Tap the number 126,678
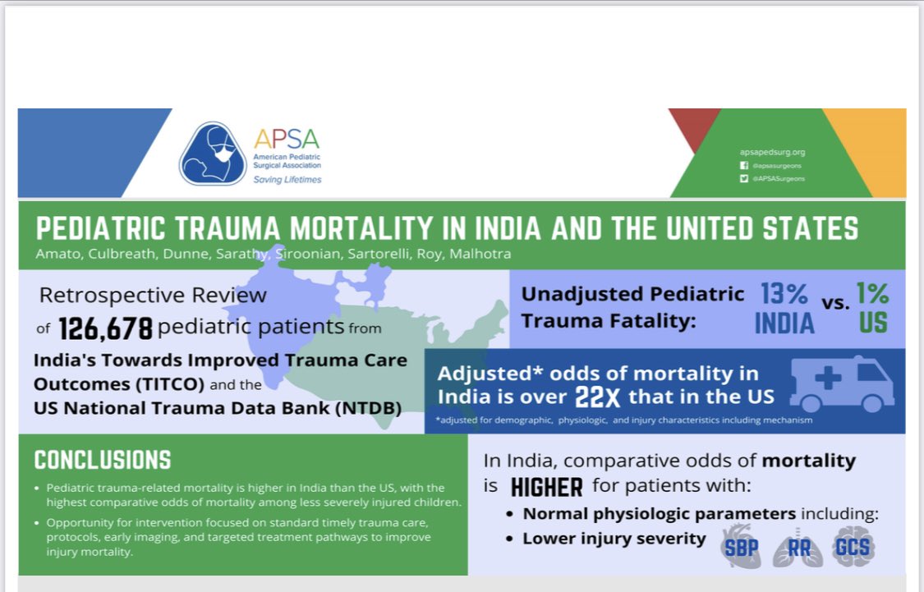[106, 329]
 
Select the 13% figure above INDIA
[784, 294]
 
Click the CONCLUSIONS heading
[103, 460]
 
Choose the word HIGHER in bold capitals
[546, 487]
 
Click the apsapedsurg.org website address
[773, 152]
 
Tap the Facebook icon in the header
[744, 165]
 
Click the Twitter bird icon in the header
[744, 177]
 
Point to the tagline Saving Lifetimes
[287, 180]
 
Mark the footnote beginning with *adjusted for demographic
[624, 420]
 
